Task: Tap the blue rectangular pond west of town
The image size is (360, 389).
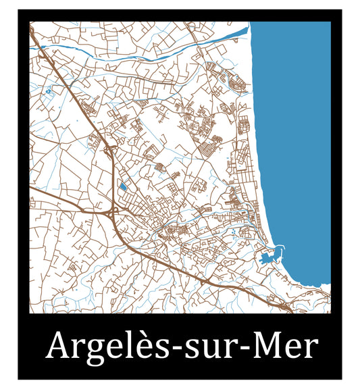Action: point(123,186)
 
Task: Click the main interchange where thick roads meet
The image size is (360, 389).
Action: point(111,213)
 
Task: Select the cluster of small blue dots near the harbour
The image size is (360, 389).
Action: point(232,233)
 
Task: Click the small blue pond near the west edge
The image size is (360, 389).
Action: point(48,90)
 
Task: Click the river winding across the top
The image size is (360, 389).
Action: point(135,58)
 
